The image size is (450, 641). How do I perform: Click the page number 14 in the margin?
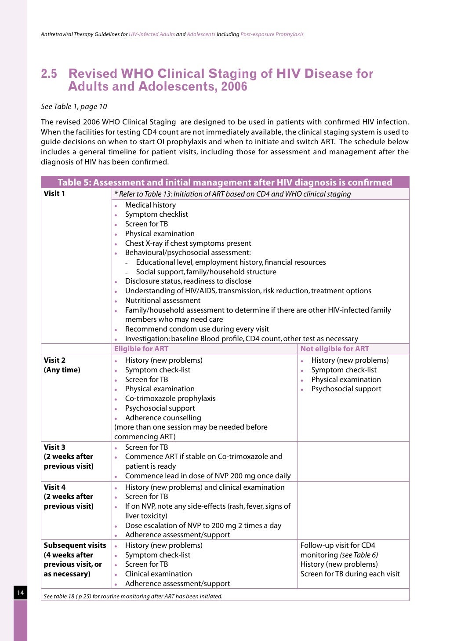point(20,593)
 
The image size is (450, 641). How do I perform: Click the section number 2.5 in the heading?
point(49,74)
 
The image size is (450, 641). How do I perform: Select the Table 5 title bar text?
point(225,182)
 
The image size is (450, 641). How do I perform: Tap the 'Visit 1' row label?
point(54,193)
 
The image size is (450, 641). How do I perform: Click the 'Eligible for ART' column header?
point(141,349)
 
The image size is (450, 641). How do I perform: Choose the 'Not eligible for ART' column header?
point(334,349)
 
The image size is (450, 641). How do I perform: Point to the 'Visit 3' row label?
point(54,447)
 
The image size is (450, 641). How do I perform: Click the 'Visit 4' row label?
point(54,487)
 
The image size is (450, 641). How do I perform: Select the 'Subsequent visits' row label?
point(75,545)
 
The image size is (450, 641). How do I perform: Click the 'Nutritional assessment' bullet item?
point(163,300)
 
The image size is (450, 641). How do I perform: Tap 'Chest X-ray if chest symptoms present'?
point(188,243)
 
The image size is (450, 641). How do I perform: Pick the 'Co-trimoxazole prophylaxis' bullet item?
point(170,398)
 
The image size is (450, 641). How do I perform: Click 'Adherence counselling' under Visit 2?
point(163,418)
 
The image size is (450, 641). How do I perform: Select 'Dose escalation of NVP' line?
point(203,525)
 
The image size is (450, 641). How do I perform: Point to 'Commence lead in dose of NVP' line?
point(208,476)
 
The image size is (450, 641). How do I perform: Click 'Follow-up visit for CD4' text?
point(337,545)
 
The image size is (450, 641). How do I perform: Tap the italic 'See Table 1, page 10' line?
point(74,106)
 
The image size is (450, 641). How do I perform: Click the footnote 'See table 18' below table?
point(133,596)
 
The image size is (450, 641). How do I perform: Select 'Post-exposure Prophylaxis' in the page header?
point(272,34)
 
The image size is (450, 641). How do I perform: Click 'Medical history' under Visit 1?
point(150,205)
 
